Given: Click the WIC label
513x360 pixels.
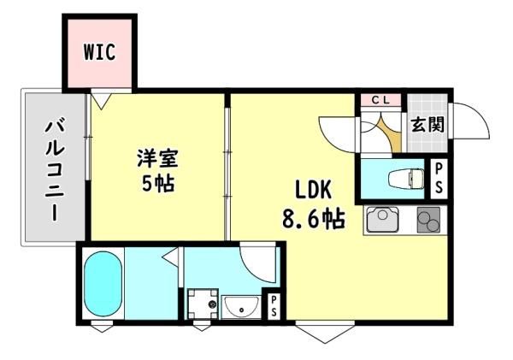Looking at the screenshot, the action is coord(99,52).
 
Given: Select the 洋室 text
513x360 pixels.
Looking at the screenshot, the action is coord(157,158).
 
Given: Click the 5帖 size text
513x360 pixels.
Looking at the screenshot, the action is coord(157,183).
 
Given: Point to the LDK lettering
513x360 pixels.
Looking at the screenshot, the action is coord(314,190).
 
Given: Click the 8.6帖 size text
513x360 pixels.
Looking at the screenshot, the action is coord(314,219).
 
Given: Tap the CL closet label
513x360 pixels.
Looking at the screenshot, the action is coord(380,100).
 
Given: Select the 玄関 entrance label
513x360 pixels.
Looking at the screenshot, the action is coord(427,125).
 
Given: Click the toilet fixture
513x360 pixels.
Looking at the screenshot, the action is coord(405,179).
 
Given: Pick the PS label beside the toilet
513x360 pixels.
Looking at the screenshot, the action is coord(439,179).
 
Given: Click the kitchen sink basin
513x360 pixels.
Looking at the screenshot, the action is coord(382,219).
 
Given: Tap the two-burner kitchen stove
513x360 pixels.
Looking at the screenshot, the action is coord(428,220).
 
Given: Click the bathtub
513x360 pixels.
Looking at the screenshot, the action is coord(103,283).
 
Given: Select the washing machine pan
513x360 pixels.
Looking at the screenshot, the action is coord(203,304).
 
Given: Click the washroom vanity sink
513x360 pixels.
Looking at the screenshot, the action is coord(241,307).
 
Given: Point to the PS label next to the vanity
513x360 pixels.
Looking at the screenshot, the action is coord(274,305).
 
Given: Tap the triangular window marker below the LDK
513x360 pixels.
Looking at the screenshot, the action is coord(325,331).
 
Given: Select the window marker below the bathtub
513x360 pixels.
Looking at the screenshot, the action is coord(102,327).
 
